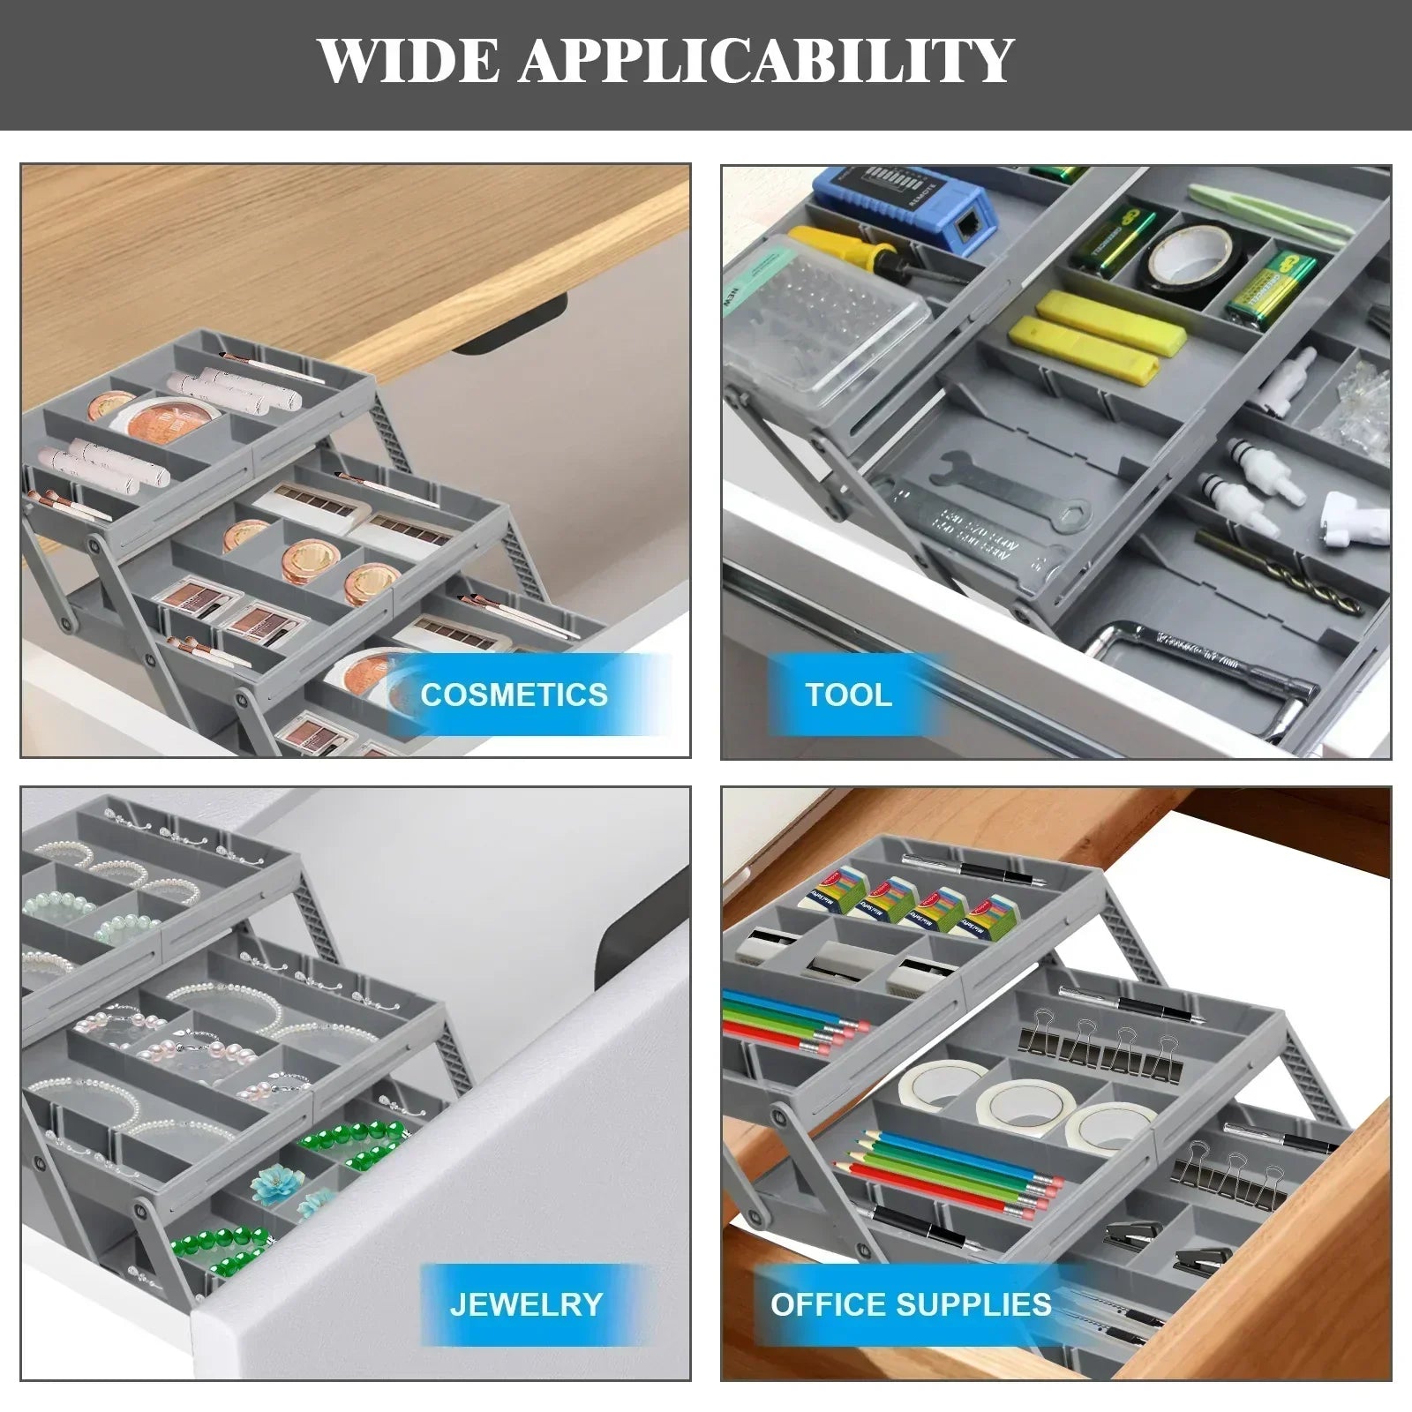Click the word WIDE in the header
(x=408, y=61)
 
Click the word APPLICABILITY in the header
(x=766, y=61)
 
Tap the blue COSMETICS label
(x=514, y=695)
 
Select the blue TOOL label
(x=848, y=695)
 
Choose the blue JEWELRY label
(x=526, y=1303)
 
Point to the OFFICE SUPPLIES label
(x=911, y=1303)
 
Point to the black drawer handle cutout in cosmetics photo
(x=509, y=327)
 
